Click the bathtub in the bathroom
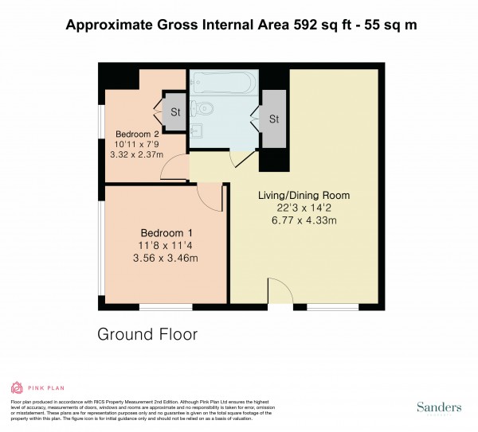pos(222,81)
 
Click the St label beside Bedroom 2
pos(174,112)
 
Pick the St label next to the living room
pos(274,119)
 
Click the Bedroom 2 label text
pos(138,134)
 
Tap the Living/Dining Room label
pos(303,195)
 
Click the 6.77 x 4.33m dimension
pos(303,220)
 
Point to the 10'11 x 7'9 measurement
pos(138,144)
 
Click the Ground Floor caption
pos(147,334)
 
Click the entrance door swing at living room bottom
pos(280,291)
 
